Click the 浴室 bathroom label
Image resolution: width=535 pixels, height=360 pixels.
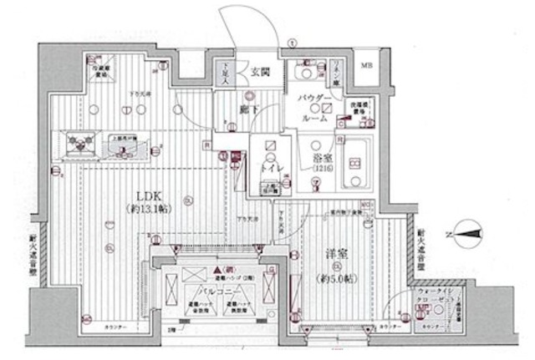323,155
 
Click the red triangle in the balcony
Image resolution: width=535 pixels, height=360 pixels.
217,271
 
